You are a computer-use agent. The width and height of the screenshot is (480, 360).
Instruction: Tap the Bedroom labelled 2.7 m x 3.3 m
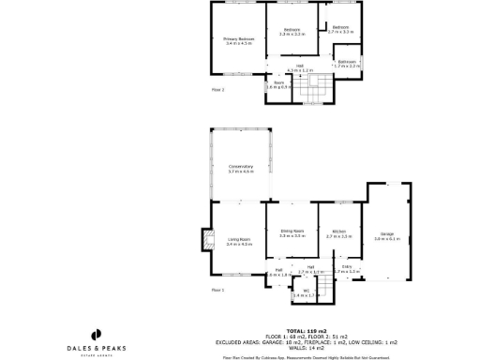click(x=341, y=29)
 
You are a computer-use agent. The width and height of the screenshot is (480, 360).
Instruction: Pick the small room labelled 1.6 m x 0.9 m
click(x=278, y=84)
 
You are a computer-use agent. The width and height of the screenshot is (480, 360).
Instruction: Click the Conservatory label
click(x=241, y=169)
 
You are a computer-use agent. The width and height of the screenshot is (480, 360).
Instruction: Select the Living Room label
click(x=239, y=241)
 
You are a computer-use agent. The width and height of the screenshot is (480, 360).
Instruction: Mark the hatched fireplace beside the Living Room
click(x=205, y=242)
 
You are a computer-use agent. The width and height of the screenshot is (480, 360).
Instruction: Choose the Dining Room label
click(x=292, y=233)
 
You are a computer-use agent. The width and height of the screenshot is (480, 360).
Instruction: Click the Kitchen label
click(x=337, y=234)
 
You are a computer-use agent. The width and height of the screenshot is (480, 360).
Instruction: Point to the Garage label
click(x=387, y=236)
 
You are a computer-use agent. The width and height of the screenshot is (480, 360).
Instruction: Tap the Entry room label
click(x=347, y=269)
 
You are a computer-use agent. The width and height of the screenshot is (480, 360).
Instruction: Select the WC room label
click(x=306, y=292)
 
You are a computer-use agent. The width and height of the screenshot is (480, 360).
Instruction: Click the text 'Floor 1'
click(x=218, y=291)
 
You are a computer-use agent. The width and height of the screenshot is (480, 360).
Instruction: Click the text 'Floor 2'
click(x=218, y=91)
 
